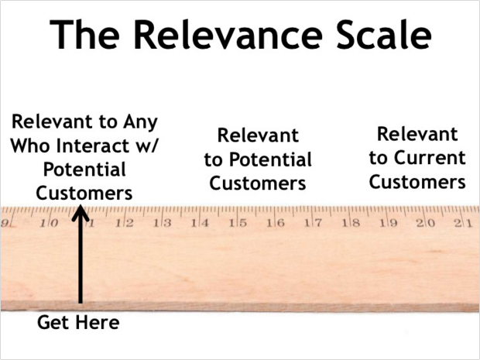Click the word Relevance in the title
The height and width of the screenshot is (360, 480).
(228, 34)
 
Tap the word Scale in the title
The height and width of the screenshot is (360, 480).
(384, 34)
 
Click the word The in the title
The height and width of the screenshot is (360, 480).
(84, 34)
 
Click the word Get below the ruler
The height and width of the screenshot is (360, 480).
(55, 322)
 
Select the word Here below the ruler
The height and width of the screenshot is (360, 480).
(98, 322)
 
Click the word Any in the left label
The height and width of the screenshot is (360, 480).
(140, 122)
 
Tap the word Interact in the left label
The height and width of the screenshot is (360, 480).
(93, 146)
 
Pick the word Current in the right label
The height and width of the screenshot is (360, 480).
(430, 158)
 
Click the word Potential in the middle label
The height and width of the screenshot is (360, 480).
(270, 159)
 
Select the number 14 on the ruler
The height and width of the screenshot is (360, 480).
(200, 223)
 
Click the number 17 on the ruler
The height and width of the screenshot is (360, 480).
(314, 223)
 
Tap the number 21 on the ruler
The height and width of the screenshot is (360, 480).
(464, 223)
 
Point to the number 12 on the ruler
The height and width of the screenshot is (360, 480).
(125, 223)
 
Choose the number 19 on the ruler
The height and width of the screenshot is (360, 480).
(389, 223)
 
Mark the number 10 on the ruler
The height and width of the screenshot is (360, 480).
(49, 223)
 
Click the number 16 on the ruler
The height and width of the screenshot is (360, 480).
(276, 223)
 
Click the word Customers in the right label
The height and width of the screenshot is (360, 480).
(417, 182)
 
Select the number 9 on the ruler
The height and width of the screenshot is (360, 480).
(5, 223)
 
